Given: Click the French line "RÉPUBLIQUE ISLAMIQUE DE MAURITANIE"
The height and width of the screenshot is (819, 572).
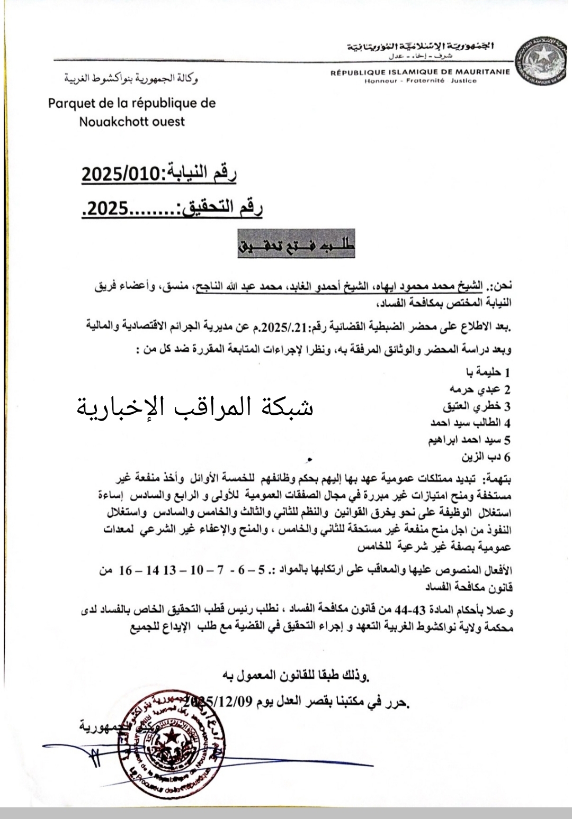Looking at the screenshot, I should coord(420,72).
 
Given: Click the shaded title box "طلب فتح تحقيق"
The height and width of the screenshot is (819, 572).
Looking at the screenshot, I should coord(296,244).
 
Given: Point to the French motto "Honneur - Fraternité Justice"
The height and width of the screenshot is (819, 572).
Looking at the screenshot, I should coord(421,81).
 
